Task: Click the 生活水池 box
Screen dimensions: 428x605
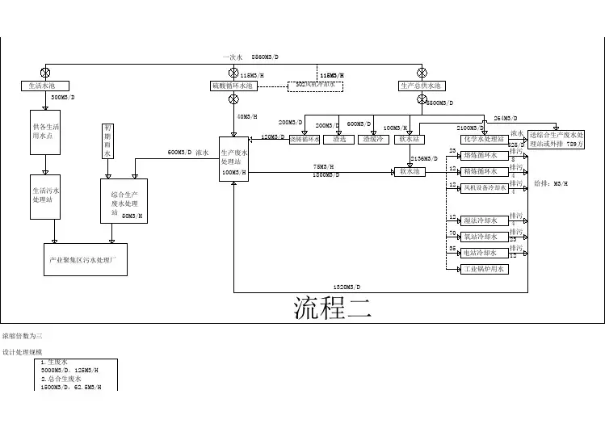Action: pyautogui.click(x=44, y=86)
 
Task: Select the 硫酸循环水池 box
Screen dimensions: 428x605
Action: pyautogui.click(x=233, y=85)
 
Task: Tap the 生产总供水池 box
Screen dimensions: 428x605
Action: pyautogui.click(x=421, y=86)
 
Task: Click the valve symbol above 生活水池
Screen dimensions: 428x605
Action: pyautogui.click(x=45, y=72)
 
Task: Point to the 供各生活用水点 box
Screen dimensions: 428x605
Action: pyautogui.click(x=44, y=132)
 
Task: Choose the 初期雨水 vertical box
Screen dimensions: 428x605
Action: pyautogui.click(x=108, y=141)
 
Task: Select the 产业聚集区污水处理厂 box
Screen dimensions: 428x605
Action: pyautogui.click(x=85, y=259)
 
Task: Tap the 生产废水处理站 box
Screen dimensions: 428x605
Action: pyautogui.click(x=233, y=159)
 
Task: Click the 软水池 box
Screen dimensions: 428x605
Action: pyautogui.click(x=410, y=171)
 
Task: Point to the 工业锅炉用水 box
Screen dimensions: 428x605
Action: pyautogui.click(x=482, y=269)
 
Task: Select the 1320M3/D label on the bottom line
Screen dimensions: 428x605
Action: pyautogui.click(x=347, y=287)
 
